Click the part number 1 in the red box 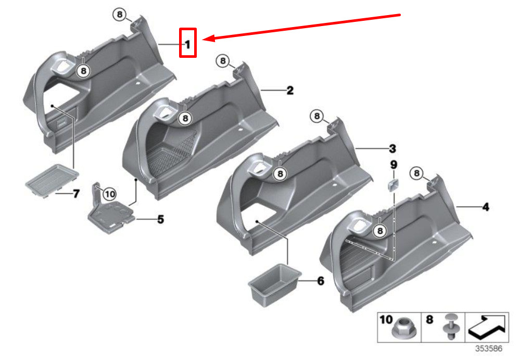click(188, 44)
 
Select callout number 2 click(290, 91)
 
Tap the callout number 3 click(393, 148)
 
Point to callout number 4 click(486, 207)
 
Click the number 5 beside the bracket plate click(160, 219)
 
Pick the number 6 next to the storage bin click(321, 281)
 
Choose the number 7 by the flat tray click(76, 193)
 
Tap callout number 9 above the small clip click(394, 165)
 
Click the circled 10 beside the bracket click(109, 194)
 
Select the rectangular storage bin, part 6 click(274, 284)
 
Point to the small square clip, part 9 click(393, 184)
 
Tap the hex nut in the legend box click(402, 329)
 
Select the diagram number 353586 click(489, 349)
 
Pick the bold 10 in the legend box click(386, 319)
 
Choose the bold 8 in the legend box click(429, 319)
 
